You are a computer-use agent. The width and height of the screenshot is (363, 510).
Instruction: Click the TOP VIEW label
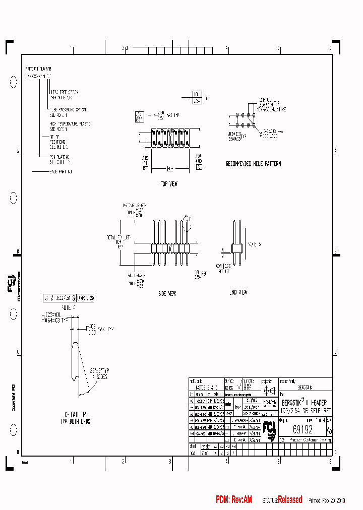pyautogui.click(x=169, y=184)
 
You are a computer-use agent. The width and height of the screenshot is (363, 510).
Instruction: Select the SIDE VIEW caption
pyautogui.click(x=167, y=293)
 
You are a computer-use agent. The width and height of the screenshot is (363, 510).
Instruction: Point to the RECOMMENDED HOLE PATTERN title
pyautogui.click(x=253, y=164)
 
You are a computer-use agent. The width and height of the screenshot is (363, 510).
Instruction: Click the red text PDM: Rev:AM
pyautogui.click(x=234, y=500)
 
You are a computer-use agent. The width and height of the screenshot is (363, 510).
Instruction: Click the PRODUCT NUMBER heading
pyautogui.click(x=38, y=68)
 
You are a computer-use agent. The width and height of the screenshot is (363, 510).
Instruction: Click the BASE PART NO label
pyautogui.click(x=61, y=172)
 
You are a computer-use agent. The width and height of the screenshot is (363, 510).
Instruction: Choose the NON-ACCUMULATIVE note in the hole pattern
pyautogui.click(x=271, y=108)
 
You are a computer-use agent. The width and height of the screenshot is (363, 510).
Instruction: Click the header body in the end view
pyautogui.click(x=235, y=248)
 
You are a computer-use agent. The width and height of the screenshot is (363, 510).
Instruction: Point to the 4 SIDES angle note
pyautogui.click(x=97, y=375)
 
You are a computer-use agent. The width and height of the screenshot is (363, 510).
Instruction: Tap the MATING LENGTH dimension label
pyautogui.click(x=135, y=206)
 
